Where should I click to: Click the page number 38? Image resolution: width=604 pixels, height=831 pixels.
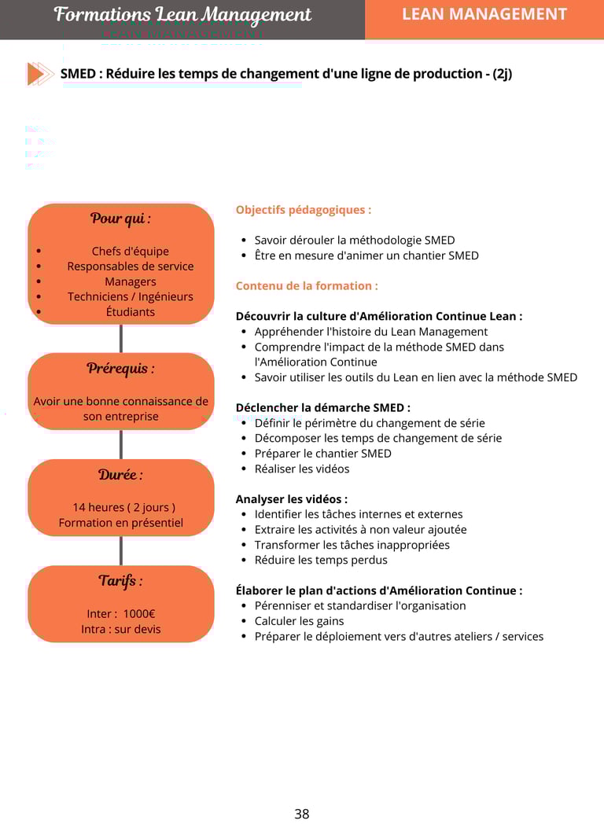pos(302,814)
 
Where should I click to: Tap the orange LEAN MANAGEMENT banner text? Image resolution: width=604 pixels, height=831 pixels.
pos(484,14)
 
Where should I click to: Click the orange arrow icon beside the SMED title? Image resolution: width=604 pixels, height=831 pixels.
pos(40,74)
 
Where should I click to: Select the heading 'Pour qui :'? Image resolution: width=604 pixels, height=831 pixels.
pos(120,219)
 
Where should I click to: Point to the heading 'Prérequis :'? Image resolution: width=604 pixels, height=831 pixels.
pos(120,368)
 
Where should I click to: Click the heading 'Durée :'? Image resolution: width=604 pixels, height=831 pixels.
pos(120,475)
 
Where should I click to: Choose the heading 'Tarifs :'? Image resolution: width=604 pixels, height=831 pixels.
pos(120,581)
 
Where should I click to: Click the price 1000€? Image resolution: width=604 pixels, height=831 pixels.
pos(139,614)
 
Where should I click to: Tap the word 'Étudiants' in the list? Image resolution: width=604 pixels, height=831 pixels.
pos(131,311)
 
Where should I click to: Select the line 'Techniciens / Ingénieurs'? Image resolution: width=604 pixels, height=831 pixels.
pos(131,296)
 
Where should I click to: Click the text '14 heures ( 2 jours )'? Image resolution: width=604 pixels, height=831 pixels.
pos(124,507)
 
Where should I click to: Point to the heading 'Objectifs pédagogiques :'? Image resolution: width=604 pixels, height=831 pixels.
pos(304,210)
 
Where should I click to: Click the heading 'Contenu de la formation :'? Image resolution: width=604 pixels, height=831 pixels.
pos(307,286)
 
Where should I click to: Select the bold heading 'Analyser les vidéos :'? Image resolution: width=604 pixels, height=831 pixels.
pos(292,499)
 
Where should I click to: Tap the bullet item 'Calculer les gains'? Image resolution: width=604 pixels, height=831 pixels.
pos(300,621)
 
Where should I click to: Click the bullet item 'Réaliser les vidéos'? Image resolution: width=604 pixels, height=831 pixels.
pos(302,469)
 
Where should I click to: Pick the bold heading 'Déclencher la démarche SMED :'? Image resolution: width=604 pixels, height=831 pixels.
pos(323,408)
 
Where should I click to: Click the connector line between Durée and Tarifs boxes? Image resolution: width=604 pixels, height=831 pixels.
pos(121,550)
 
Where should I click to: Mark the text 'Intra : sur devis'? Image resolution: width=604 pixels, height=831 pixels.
pos(121,629)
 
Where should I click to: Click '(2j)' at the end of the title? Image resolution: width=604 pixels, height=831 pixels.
pos(502,74)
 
